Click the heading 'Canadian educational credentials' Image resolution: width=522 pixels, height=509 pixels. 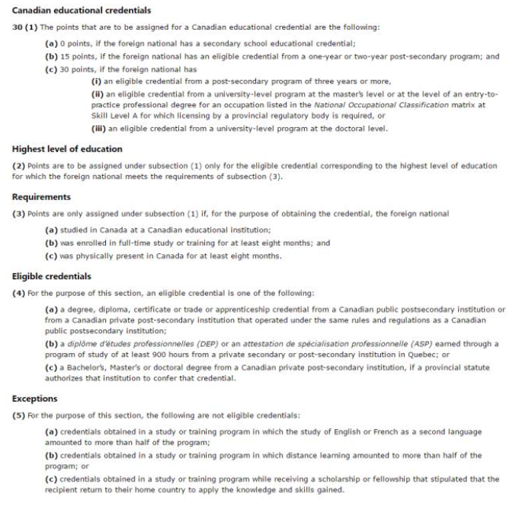82,11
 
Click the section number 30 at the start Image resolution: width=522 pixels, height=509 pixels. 17,28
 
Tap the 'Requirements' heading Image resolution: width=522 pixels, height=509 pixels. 42,196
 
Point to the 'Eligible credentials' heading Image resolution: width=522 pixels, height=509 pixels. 52,276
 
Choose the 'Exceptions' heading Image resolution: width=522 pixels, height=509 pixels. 35,398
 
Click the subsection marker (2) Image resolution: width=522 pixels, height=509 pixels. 18,166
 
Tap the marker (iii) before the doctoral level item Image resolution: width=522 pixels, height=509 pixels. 98,129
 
